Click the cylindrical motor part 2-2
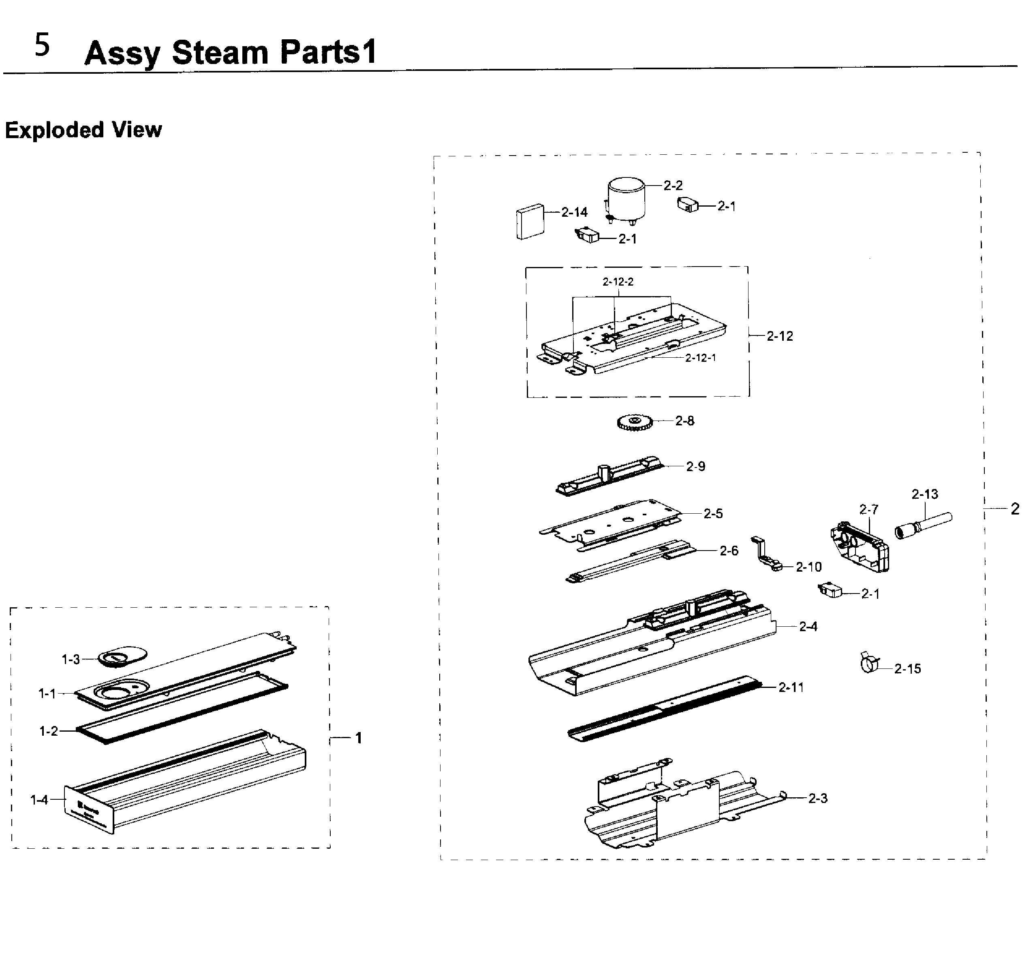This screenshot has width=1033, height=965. [626, 199]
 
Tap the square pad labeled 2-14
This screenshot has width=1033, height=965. [530, 221]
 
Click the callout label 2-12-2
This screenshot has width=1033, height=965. [618, 282]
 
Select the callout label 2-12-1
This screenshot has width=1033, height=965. [700, 358]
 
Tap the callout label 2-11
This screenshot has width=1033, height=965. [791, 687]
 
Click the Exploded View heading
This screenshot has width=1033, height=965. [83, 130]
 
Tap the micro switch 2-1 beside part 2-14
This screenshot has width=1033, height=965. [587, 236]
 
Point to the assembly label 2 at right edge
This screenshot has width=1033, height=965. [1015, 509]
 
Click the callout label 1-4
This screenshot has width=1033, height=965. [39, 800]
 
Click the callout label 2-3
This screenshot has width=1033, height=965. [817, 798]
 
